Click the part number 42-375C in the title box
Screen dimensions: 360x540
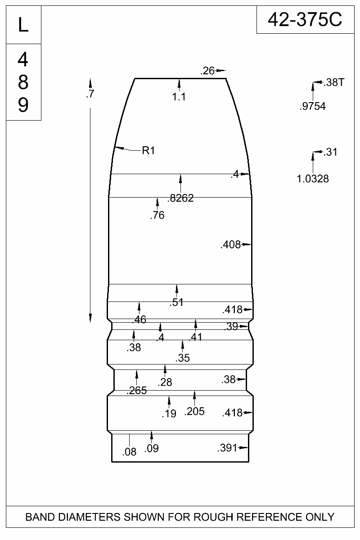point(305,20)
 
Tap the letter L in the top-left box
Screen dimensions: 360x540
point(23,25)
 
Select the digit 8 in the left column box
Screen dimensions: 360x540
point(23,82)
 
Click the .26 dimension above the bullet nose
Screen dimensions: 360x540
point(207,71)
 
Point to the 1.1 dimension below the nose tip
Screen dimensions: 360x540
point(179,97)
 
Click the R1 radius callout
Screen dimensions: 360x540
point(148,151)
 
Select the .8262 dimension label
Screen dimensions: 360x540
point(180,198)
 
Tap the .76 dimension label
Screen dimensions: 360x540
point(157,215)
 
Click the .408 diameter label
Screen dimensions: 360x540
point(230,245)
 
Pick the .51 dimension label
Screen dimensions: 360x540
point(176,302)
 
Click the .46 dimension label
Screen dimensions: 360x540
point(139,319)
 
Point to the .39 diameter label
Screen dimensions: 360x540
point(231,327)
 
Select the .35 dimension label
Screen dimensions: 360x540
point(183,358)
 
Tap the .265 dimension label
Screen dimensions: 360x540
point(137,391)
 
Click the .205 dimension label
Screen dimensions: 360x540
point(194,411)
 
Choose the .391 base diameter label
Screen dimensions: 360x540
point(227,448)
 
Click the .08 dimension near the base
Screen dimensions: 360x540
point(130,452)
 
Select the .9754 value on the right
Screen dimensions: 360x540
point(313,106)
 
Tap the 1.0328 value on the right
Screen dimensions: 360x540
point(313,179)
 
